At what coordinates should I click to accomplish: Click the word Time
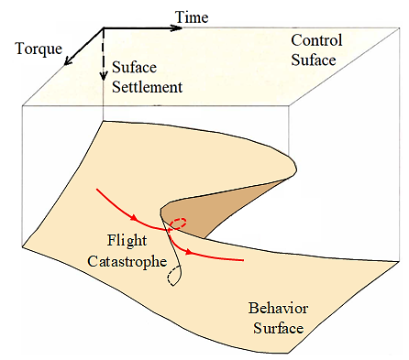click(192, 17)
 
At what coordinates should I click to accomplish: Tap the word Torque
click(39, 49)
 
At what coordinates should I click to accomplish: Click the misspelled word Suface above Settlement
click(134, 67)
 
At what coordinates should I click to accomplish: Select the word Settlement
click(147, 87)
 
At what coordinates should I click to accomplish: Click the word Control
click(316, 40)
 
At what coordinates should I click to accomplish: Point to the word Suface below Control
click(314, 60)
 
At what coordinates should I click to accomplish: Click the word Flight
click(127, 241)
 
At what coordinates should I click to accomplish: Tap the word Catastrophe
click(127, 262)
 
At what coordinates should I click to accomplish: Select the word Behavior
click(278, 308)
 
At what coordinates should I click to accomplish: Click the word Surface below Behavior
click(279, 328)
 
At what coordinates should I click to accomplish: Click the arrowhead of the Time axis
click(177, 28)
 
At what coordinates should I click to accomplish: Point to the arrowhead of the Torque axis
click(68, 60)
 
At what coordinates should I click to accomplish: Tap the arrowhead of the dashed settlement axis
click(104, 75)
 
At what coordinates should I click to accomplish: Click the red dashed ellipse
click(178, 224)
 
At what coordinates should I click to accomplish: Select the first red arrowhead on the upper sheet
click(134, 217)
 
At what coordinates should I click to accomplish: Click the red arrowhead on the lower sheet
click(190, 252)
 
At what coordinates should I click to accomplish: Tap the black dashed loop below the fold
click(171, 276)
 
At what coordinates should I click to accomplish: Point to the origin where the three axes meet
click(103, 28)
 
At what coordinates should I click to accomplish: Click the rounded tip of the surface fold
click(296, 168)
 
